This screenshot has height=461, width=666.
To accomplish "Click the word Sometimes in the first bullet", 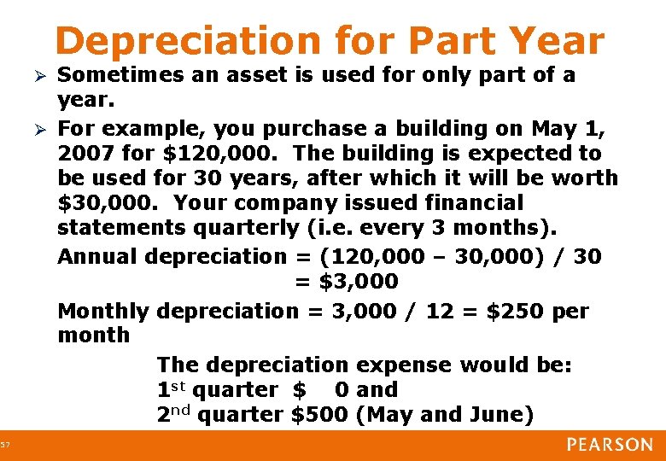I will point(119,75).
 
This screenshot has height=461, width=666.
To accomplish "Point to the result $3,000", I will point(358,281).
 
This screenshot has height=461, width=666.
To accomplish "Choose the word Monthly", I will point(103,311).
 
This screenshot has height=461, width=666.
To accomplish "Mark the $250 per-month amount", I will point(517,311).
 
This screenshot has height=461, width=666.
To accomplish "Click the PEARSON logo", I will point(608,444).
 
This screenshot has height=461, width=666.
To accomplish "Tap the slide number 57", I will point(6,445).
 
